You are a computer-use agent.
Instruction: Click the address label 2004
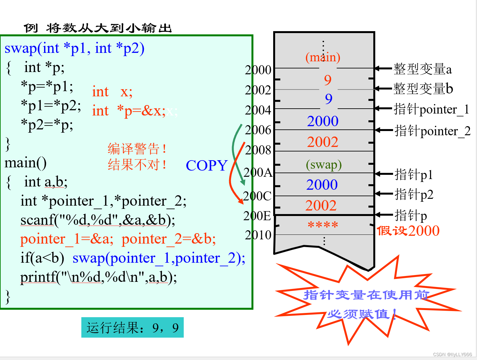coord(258,110)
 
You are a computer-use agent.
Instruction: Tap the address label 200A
coord(258,173)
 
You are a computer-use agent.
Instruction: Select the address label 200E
coord(257,216)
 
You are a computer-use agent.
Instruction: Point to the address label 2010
coord(258,235)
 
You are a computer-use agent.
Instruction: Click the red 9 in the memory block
coord(328,80)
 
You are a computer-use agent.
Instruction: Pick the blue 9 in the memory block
coord(329,99)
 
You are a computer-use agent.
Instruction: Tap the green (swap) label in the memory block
coord(324,165)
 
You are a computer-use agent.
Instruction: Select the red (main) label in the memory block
coord(323,57)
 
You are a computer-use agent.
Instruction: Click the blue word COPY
coord(206,166)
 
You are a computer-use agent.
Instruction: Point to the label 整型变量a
coord(422,69)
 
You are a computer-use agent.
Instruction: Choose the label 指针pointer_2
coord(432,131)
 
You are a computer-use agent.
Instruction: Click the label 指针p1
coord(413,174)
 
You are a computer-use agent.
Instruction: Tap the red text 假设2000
coord(408,231)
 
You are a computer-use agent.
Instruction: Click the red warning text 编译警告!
coord(137,149)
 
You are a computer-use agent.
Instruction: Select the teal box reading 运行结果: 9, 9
coord(132,328)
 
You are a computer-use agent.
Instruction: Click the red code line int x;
coord(112,92)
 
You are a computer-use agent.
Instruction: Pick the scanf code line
coord(98,220)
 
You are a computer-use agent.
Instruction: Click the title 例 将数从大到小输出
coord(98,28)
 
